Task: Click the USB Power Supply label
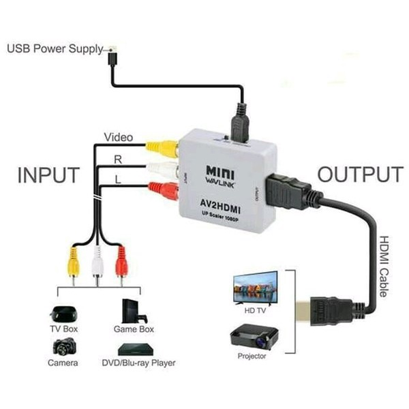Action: coord(55,49)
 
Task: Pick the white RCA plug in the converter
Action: coord(163,168)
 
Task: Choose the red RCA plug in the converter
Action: coord(163,190)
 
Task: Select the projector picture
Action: coord(252,337)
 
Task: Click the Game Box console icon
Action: coord(131,311)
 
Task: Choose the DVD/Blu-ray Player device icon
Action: coord(133,348)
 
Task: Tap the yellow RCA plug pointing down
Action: coord(72,263)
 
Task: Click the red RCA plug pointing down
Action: coord(122,262)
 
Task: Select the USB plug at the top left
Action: coord(112,55)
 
